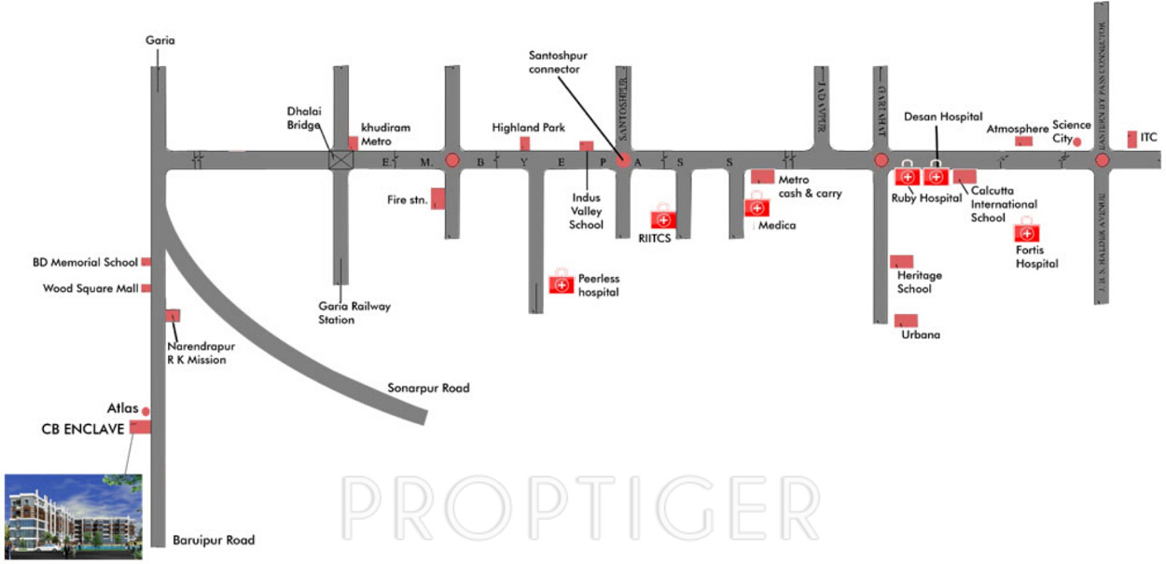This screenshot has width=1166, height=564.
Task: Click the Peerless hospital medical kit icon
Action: point(561,283)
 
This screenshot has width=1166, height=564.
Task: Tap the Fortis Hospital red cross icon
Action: point(1026,232)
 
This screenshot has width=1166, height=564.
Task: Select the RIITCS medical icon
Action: point(663,219)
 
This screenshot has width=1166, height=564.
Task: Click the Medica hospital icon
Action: point(756,207)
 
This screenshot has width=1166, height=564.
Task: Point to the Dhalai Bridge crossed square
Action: point(342,159)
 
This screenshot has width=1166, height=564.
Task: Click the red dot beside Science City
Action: point(1076,142)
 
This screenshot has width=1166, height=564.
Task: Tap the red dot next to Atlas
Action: point(146,410)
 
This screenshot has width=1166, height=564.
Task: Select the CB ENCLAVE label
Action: point(82,429)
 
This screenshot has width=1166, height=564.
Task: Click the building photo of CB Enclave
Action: point(73,516)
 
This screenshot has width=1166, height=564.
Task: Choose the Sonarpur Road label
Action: point(428,388)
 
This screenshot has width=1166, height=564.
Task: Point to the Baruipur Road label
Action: point(214,540)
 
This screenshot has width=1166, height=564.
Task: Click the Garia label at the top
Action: point(160,40)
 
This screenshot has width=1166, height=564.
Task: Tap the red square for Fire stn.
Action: point(437,199)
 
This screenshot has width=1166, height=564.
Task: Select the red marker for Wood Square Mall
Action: point(146,288)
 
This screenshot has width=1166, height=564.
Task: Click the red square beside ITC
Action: point(1131,138)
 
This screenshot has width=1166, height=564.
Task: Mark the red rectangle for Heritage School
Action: point(901,261)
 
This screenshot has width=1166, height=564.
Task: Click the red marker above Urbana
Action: point(906,321)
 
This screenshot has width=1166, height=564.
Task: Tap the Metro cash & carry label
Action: point(810,186)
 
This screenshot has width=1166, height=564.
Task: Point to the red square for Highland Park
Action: point(525,143)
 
